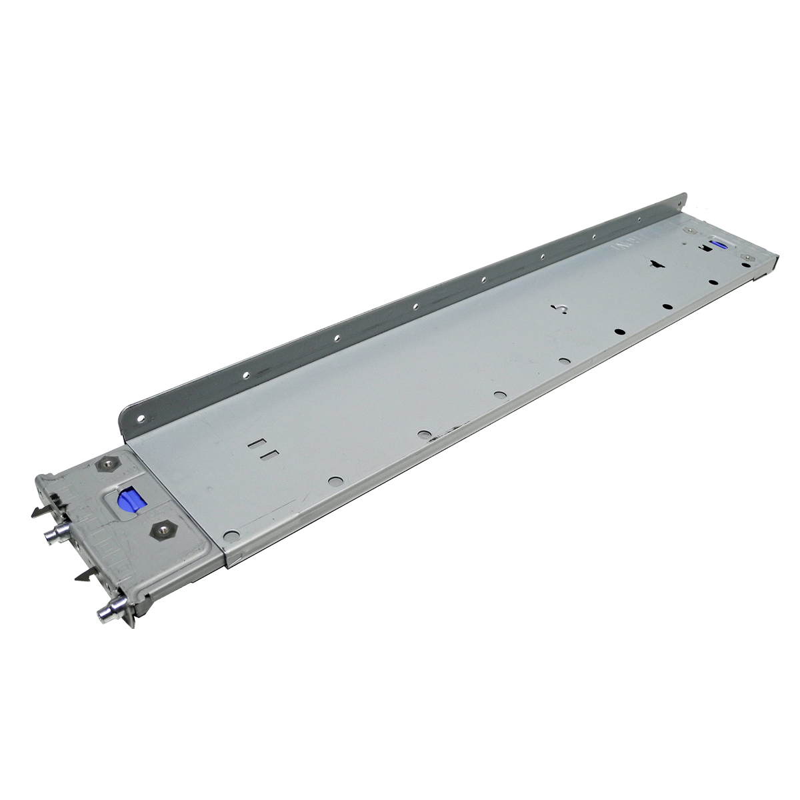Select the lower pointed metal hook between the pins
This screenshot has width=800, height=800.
(x=85, y=573)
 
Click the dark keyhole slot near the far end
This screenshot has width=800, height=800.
(x=656, y=264)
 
